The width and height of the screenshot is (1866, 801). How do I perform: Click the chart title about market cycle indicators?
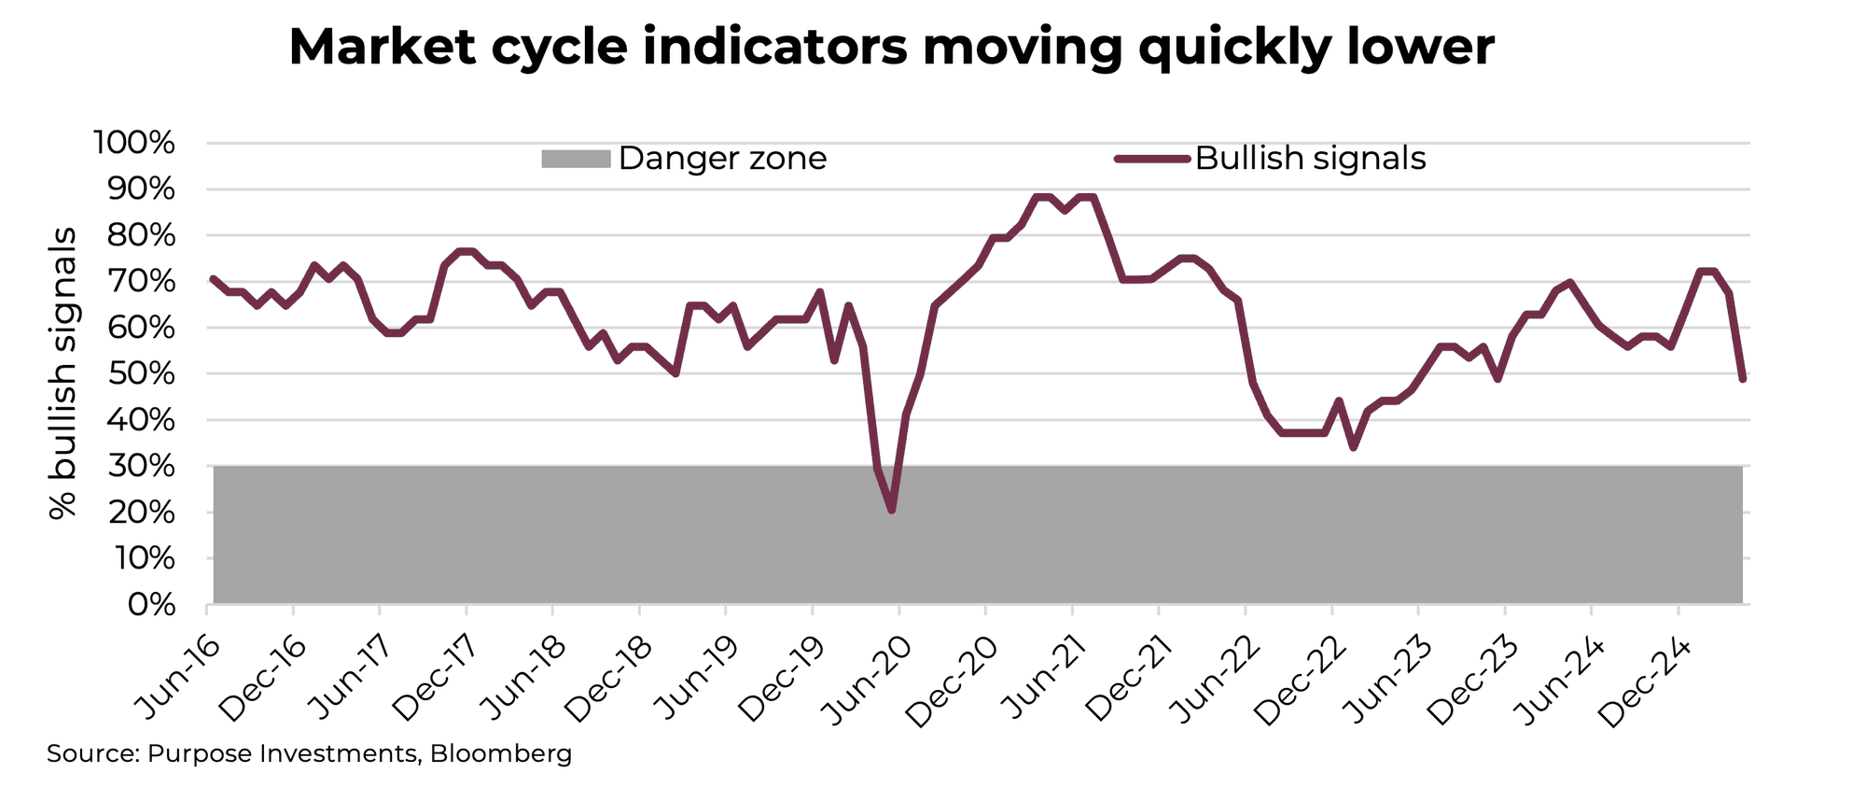click(x=891, y=47)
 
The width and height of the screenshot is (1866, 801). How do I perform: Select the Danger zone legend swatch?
click(x=575, y=159)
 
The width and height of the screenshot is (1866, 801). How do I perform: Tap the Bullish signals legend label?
click(x=1310, y=159)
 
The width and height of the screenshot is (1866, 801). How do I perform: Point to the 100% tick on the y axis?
click(x=134, y=144)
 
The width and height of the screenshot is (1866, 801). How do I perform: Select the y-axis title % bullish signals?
click(x=63, y=373)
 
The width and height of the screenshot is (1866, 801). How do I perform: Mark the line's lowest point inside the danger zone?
click(x=892, y=510)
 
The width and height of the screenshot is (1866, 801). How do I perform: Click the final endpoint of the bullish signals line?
click(x=1742, y=379)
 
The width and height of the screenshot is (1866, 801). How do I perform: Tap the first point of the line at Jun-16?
click(x=214, y=278)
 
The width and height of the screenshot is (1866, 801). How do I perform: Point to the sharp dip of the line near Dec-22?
click(x=1353, y=447)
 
